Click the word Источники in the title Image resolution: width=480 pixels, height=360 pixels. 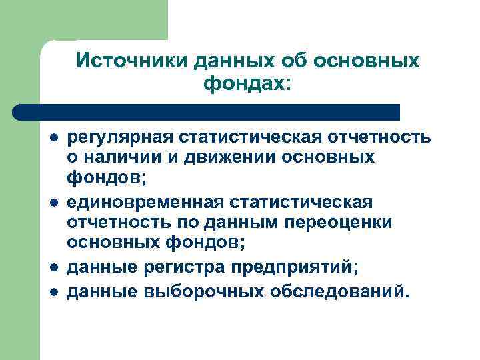click(133, 61)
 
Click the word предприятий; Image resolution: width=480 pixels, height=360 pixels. click(295, 267)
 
